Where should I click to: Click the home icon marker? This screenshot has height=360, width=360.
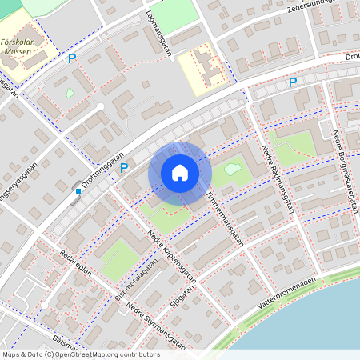pos(180,172)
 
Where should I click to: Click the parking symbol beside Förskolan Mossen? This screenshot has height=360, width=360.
pos(71,58)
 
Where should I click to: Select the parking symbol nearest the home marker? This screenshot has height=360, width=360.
pos(124,167)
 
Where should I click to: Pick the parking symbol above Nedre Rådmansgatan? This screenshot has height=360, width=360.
pos(293,82)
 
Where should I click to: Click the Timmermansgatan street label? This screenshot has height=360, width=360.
pos(224,217)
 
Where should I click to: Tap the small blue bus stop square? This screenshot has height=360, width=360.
pos(78,191)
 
